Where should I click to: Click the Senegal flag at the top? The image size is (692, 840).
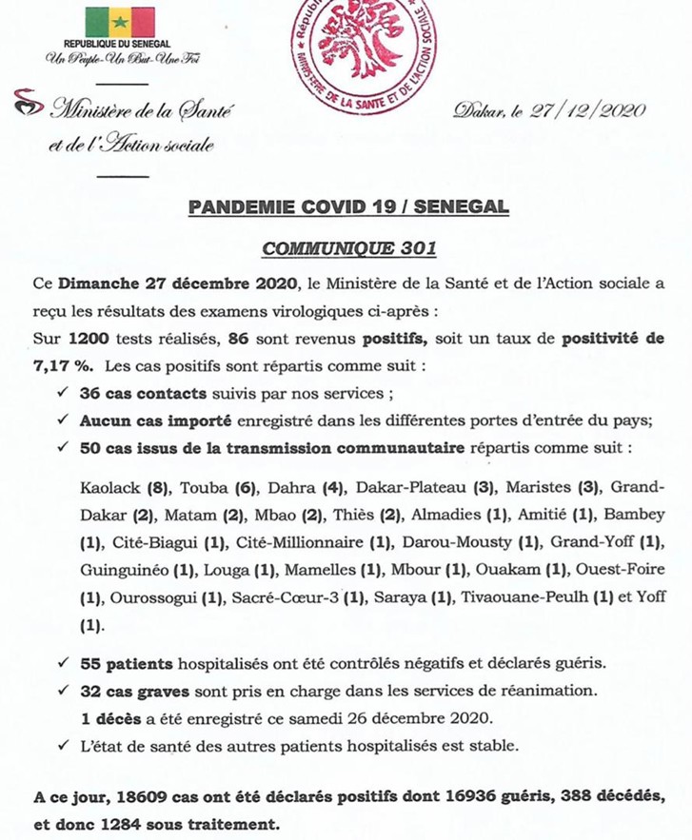120,21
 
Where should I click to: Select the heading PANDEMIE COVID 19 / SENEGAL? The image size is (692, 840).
347,207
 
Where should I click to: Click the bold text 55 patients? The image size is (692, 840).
123,660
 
